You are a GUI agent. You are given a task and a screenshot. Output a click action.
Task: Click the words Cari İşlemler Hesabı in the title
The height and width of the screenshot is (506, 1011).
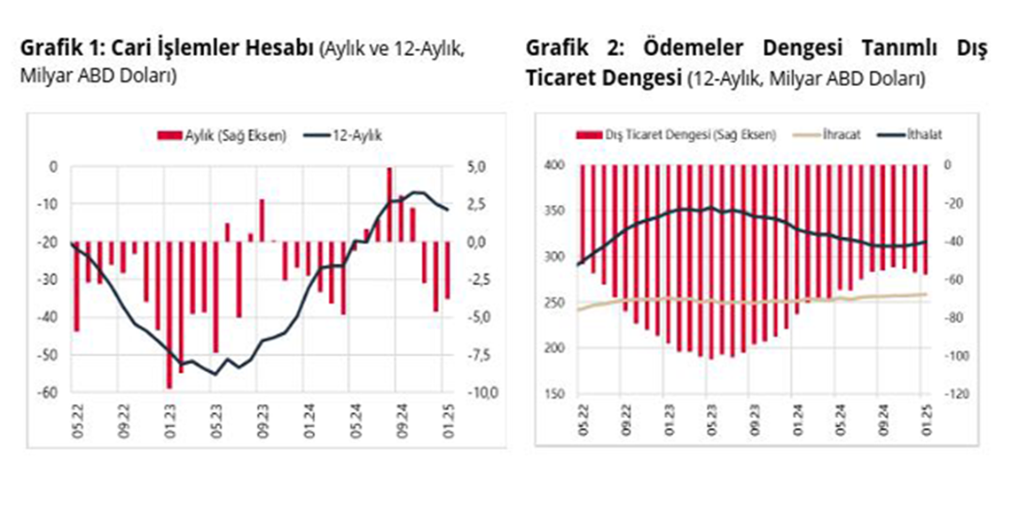pos(229,47)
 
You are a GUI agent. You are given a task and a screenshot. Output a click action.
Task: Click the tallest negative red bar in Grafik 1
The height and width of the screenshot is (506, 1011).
pos(168,314)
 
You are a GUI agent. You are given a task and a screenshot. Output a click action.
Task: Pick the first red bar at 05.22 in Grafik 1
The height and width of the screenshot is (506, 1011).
pos(76,286)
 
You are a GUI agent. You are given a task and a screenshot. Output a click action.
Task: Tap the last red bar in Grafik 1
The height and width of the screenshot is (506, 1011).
pos(448,270)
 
